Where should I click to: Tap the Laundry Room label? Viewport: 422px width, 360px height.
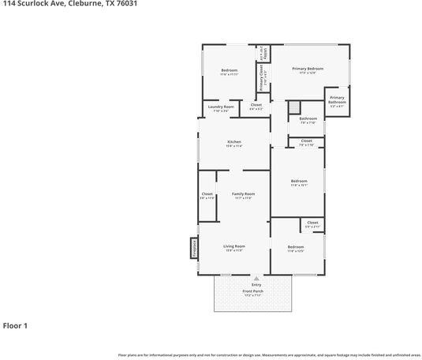pyautogui.click(x=221, y=107)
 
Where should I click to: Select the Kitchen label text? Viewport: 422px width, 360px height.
pyautogui.click(x=234, y=142)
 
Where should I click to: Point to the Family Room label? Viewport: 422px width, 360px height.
pyautogui.click(x=243, y=194)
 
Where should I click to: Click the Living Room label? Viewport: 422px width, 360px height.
pyautogui.click(x=234, y=246)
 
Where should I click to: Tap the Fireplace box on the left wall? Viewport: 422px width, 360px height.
pyautogui.click(x=192, y=248)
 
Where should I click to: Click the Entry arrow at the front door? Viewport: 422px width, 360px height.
pyautogui.click(x=256, y=279)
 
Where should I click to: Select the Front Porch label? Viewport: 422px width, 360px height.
pyautogui.click(x=252, y=291)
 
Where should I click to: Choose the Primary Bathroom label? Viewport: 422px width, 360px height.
pyautogui.click(x=337, y=99)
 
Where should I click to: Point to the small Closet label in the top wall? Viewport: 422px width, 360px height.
pyautogui.click(x=264, y=54)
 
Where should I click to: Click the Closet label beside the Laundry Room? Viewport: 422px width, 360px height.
pyautogui.click(x=256, y=105)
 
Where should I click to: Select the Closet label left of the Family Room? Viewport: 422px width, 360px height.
pyautogui.click(x=207, y=194)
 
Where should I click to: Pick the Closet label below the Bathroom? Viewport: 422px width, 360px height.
pyautogui.click(x=306, y=141)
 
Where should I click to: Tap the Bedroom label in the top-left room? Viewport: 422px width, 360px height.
pyautogui.click(x=229, y=71)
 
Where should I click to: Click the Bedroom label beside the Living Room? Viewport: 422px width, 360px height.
pyautogui.click(x=295, y=247)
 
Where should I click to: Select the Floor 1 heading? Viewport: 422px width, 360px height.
pyautogui.click(x=15, y=325)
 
